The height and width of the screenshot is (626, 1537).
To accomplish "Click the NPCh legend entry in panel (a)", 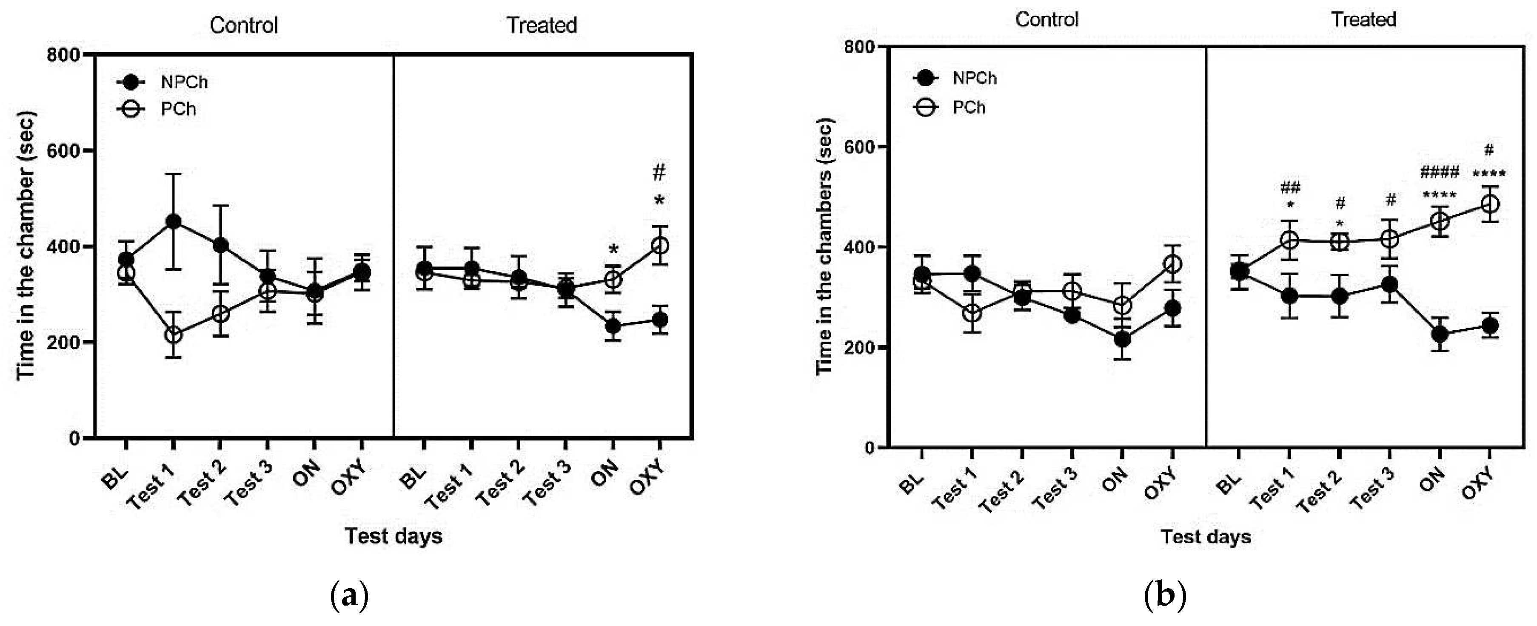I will pos(184,82).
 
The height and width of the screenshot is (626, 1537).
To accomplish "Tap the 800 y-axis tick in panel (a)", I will pos(64,55).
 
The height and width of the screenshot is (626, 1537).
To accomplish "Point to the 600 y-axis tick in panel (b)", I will pos(858,147).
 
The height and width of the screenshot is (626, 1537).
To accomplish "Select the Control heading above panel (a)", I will pos(243,25).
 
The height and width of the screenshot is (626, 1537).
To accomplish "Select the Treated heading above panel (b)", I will pos(1363,20).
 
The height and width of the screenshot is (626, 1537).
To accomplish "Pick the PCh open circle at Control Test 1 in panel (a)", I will pos(173,335).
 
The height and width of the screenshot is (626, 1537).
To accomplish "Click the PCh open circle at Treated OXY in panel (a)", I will pos(659,245).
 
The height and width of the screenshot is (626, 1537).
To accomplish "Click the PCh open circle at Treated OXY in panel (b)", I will pos(1490,204).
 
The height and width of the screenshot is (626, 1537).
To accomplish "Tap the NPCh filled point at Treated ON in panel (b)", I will pos(1440,334).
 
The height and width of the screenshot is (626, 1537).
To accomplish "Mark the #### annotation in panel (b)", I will pos(1439,173).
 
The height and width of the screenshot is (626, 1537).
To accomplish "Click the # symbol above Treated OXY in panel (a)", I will pos(659,173).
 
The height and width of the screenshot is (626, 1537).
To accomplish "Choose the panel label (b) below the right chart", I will pos(1165,595).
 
